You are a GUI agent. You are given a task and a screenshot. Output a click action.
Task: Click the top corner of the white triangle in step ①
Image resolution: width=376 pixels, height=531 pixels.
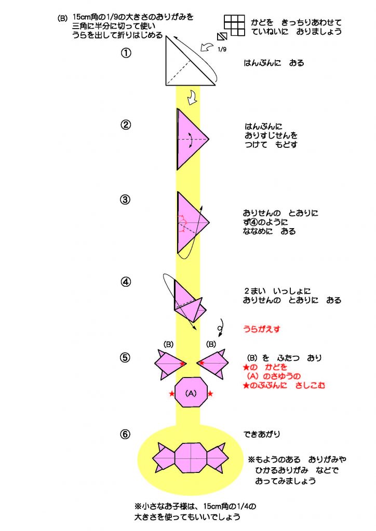point(166,37)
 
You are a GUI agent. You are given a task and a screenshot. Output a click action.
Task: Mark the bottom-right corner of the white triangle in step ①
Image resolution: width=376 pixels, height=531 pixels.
point(216,85)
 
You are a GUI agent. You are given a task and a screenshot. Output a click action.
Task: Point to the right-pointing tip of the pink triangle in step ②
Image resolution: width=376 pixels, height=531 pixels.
point(209,139)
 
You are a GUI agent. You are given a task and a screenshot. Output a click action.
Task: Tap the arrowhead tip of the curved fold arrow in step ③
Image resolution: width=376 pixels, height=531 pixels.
point(202,205)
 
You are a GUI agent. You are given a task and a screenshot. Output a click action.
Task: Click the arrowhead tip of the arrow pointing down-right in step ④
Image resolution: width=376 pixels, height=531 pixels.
point(196,329)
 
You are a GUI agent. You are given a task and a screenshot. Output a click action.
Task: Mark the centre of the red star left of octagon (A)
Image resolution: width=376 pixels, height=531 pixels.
point(171,394)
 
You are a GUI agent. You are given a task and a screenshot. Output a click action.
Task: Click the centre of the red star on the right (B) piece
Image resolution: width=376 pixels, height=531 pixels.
point(202,362)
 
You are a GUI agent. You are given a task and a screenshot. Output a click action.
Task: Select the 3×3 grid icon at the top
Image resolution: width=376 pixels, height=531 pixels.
point(234,25)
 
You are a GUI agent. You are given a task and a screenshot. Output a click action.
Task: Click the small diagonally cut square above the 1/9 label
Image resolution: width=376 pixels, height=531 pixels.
point(222,37)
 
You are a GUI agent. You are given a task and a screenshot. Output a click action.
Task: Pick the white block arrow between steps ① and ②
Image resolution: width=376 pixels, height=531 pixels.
point(192,97)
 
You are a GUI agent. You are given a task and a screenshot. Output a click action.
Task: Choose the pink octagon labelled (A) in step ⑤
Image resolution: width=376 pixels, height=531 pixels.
point(191,392)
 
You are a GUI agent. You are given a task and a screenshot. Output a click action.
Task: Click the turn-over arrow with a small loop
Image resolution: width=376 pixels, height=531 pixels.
point(220,328)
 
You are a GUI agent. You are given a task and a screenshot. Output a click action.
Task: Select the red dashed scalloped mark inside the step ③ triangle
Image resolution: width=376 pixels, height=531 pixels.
point(182,223)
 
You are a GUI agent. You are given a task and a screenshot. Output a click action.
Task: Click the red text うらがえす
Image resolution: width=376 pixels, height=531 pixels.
point(261,329)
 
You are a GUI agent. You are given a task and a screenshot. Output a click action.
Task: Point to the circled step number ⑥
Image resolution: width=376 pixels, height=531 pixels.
point(125,434)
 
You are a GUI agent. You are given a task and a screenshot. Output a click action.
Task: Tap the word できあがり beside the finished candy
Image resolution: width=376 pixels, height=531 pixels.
point(262,434)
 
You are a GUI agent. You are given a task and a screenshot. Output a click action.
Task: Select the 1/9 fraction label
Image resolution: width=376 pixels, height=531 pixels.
point(222,49)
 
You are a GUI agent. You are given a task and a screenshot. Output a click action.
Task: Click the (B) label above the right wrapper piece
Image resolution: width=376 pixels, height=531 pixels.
point(211,344)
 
